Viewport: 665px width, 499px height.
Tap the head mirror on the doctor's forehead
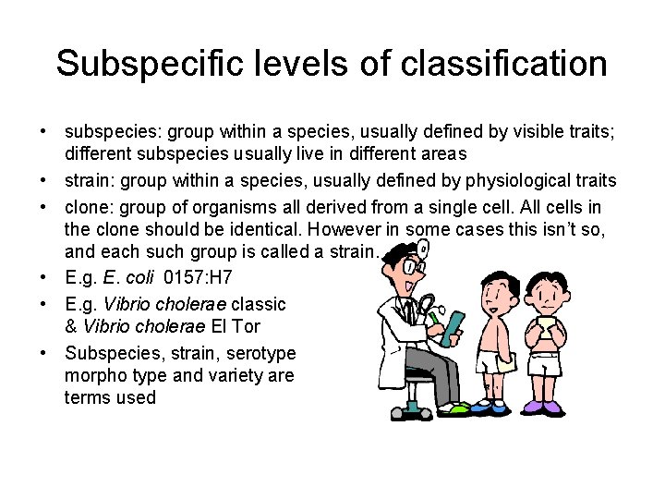coord(422,249)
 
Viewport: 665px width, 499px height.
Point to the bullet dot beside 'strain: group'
coord(44,179)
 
